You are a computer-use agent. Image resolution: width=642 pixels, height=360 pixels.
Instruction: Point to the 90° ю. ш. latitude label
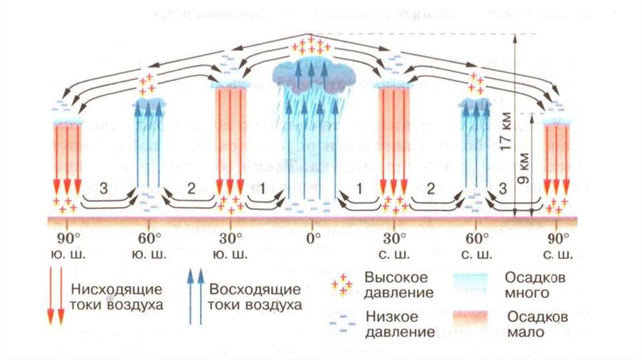pyautogui.click(x=65, y=246)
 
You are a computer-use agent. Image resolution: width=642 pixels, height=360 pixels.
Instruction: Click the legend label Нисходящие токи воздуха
pyautogui.click(x=117, y=297)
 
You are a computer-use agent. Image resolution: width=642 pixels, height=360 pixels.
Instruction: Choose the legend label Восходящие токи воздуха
pyautogui.click(x=255, y=297)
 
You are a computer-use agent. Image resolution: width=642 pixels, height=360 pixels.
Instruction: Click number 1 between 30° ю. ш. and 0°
pyautogui.click(x=263, y=187)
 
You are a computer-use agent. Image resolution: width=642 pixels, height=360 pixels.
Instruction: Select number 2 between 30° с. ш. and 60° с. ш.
pyautogui.click(x=431, y=187)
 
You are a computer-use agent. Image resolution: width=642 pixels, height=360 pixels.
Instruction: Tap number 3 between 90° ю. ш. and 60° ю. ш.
pyautogui.click(x=105, y=187)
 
